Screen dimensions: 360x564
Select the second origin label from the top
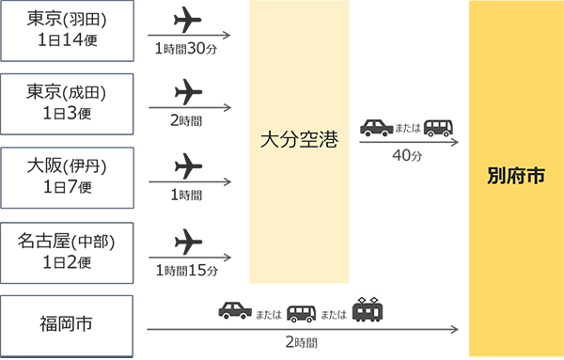point(63,100)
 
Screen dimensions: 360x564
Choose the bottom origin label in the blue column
point(63,324)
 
